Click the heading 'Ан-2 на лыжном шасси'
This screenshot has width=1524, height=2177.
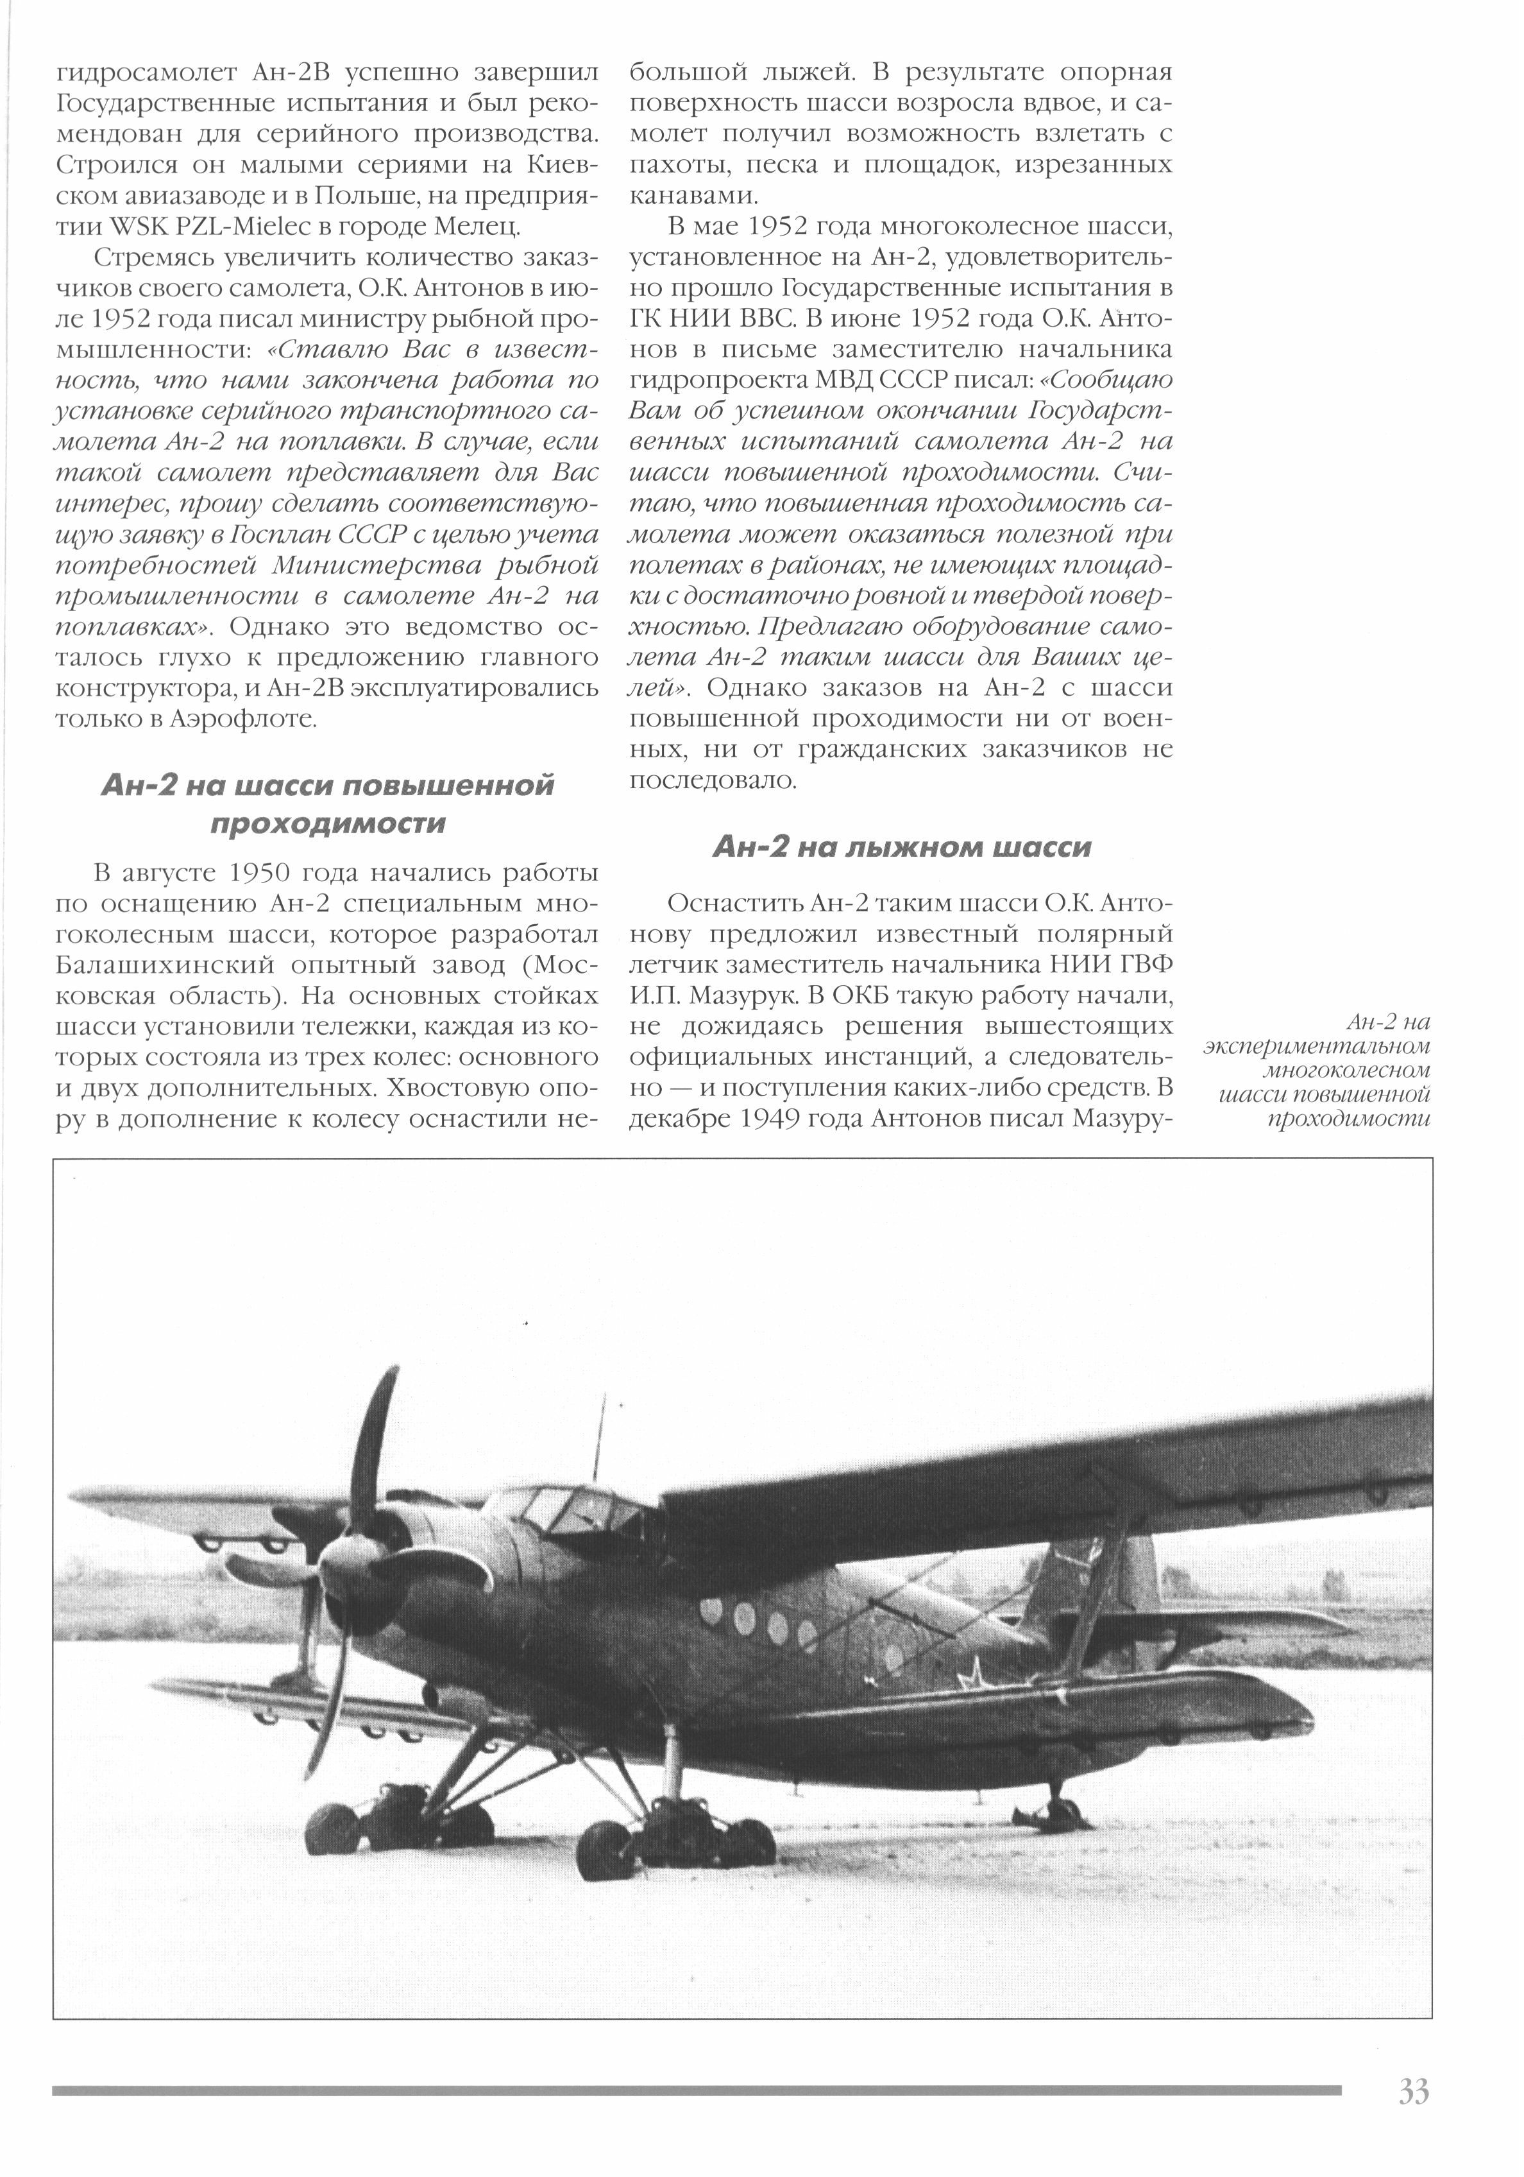click(x=901, y=847)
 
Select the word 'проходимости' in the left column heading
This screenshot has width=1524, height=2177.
click(x=327, y=823)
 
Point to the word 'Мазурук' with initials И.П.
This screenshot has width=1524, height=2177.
click(x=730, y=995)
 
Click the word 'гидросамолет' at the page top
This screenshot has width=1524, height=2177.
click(x=145, y=73)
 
